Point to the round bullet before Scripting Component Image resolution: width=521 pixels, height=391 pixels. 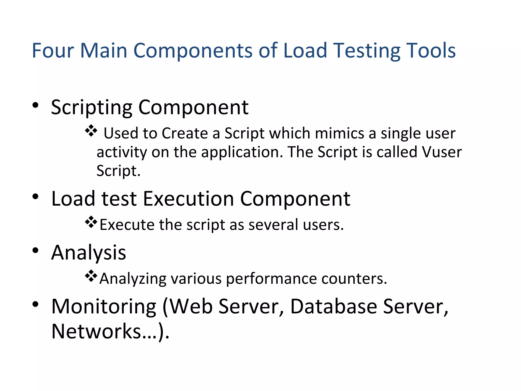pyautogui.click(x=35, y=105)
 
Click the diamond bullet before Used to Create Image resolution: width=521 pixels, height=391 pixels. pyautogui.click(x=91, y=131)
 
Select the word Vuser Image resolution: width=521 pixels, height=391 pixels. pyautogui.click(x=442, y=152)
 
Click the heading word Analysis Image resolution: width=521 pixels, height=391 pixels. pyautogui.click(x=89, y=253)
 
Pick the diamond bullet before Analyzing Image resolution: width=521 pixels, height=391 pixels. pyautogui.click(x=91, y=276)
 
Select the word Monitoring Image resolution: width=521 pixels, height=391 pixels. pyautogui.click(x=104, y=307)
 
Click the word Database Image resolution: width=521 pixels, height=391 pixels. pyautogui.click(x=334, y=306)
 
